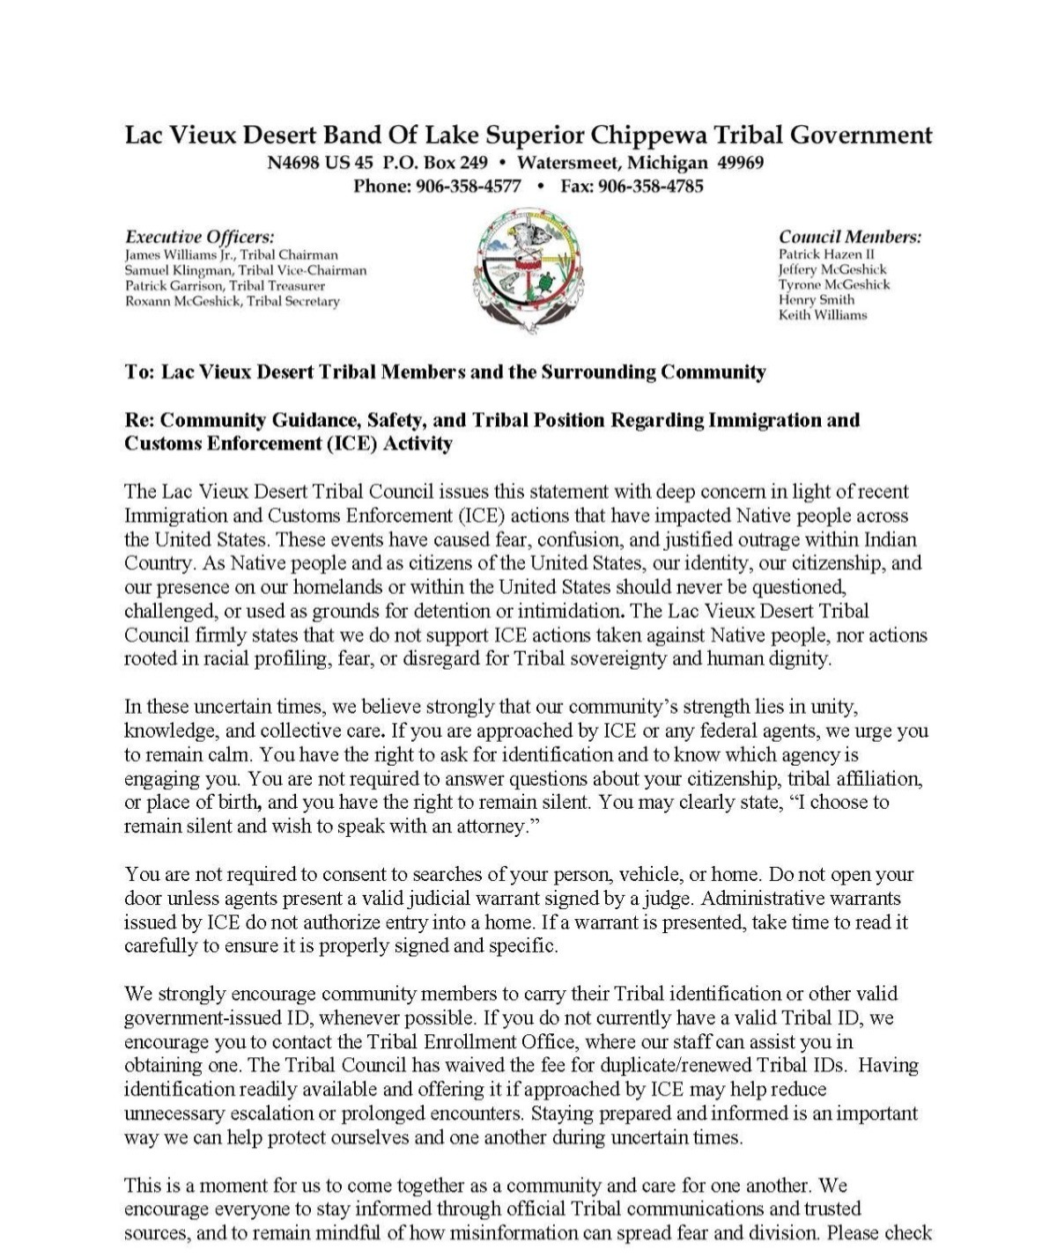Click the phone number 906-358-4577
point(468,187)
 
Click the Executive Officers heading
point(200,237)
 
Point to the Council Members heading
point(850,237)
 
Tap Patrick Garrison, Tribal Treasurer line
point(225,286)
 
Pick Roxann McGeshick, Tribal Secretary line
point(232,301)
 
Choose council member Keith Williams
point(823,315)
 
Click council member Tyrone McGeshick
point(834,284)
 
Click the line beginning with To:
point(445,371)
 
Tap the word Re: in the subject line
point(139,420)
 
